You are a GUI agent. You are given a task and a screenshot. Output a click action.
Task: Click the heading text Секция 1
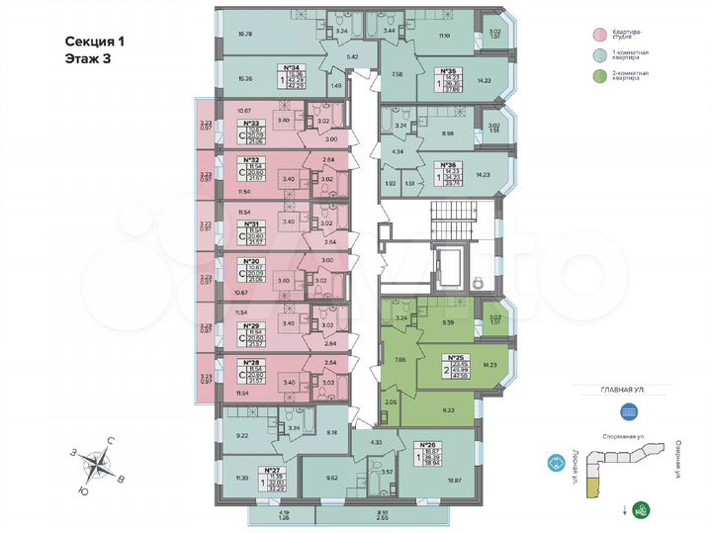tap(96, 42)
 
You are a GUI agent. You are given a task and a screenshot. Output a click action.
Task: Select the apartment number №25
tap(456, 358)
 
